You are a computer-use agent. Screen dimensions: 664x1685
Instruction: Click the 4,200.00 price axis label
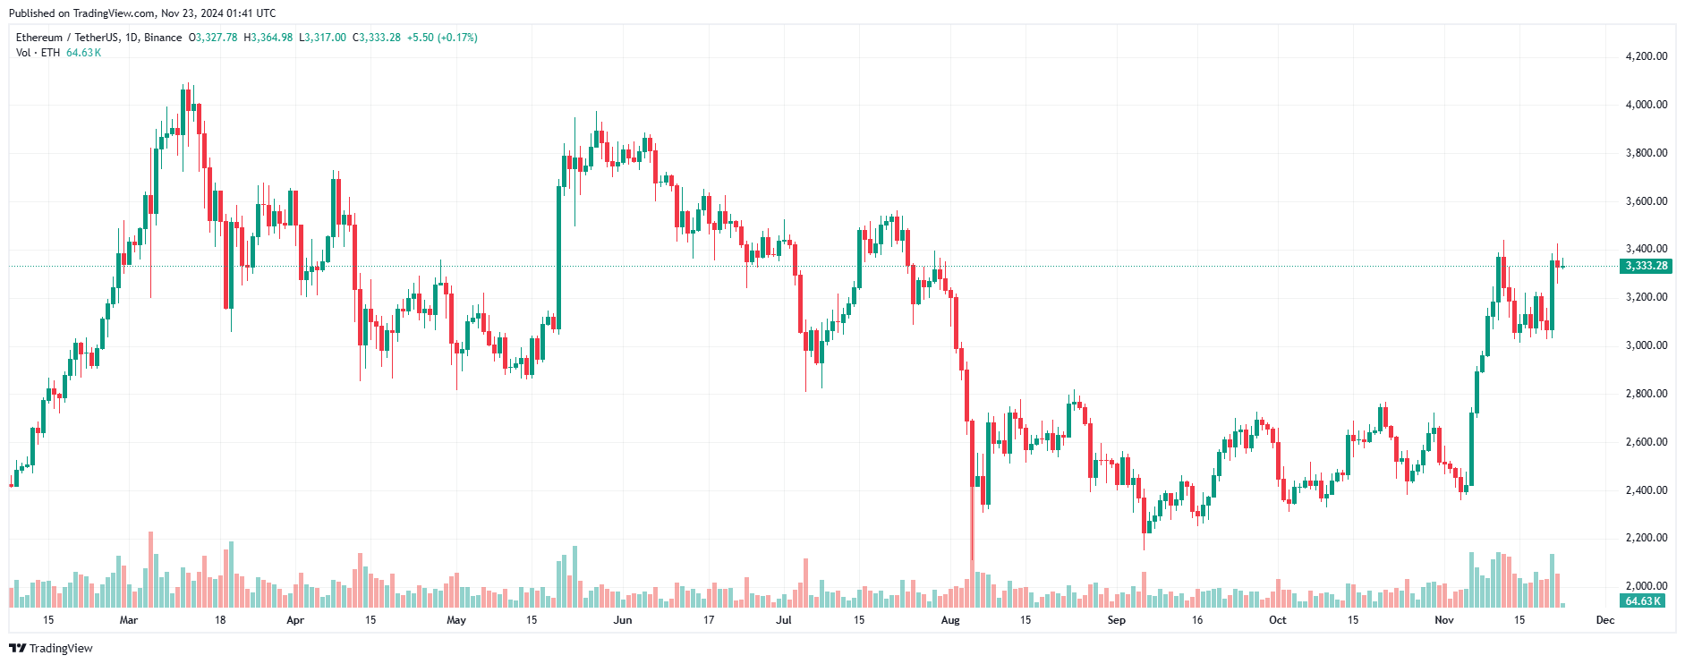(x=1646, y=56)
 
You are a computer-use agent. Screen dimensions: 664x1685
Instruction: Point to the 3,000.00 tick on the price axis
(x=1646, y=345)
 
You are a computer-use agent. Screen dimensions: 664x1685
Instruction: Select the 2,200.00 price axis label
(x=1646, y=538)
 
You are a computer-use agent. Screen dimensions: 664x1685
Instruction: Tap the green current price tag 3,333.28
(x=1646, y=266)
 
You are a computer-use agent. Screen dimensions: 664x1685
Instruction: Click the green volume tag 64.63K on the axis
(x=1643, y=601)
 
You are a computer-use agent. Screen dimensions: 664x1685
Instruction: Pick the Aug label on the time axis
(x=950, y=620)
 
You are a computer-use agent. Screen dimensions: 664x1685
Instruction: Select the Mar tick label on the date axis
(x=129, y=620)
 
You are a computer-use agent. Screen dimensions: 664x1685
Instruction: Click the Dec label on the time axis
(x=1605, y=620)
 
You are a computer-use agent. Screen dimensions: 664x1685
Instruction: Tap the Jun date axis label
(x=623, y=620)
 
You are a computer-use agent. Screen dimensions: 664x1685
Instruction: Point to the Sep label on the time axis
(x=1116, y=620)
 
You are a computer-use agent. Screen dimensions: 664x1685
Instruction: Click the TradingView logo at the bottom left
(x=51, y=648)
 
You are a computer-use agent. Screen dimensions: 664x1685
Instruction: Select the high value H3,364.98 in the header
(x=268, y=38)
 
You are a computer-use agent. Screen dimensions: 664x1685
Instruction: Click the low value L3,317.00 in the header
(x=322, y=38)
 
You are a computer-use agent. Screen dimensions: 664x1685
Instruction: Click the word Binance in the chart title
(x=163, y=38)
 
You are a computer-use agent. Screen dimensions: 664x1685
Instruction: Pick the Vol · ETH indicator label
(x=38, y=53)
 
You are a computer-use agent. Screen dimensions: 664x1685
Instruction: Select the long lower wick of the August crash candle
(x=972, y=528)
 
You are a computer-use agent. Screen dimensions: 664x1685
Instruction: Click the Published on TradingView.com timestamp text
(x=142, y=13)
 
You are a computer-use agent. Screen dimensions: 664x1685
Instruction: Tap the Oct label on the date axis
(x=1277, y=620)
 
